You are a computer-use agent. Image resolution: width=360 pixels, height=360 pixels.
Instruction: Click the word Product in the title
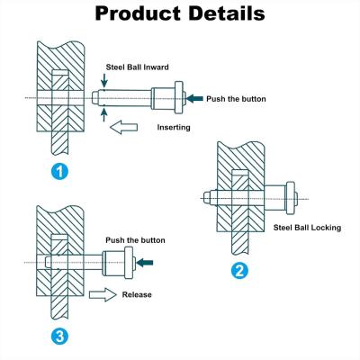point(138,13)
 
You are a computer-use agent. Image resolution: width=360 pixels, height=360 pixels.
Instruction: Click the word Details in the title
point(227,13)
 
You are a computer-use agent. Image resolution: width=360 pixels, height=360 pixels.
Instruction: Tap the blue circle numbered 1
point(59,172)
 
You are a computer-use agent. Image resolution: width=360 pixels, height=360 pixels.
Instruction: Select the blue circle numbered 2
point(239,271)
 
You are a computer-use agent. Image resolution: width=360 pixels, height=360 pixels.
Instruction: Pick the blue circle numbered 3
point(59,337)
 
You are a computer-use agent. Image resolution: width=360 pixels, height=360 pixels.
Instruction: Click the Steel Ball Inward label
point(137,67)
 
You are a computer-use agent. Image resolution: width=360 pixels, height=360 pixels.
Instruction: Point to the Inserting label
point(174,127)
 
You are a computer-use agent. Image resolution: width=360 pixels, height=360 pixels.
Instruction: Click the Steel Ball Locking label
point(307,228)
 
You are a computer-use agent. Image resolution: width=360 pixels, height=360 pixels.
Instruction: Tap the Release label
point(137,294)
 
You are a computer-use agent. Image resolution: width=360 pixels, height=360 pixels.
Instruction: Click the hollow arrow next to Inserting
point(123,127)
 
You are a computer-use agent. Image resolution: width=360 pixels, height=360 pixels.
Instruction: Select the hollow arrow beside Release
point(103,294)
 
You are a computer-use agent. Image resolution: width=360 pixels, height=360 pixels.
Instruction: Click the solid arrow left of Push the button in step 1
point(194,98)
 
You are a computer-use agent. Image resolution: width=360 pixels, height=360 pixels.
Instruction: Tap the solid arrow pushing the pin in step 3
point(145,263)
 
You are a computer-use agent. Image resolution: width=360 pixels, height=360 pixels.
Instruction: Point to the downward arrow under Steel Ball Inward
point(104,80)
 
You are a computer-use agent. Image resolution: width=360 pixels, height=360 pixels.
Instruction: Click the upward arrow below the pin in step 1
point(104,115)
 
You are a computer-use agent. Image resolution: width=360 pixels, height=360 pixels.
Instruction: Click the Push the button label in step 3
point(135,240)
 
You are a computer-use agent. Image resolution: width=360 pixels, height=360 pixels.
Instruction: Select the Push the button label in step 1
point(236,99)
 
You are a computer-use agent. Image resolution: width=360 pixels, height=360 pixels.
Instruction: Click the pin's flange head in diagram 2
point(290,198)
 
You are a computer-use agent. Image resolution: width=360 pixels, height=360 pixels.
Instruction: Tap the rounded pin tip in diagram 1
point(94,98)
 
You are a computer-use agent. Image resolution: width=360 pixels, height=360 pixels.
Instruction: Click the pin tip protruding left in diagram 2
point(206,198)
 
